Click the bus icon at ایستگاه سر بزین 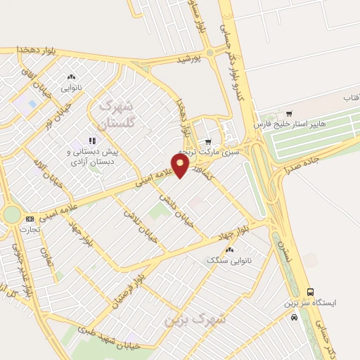coord(310,292)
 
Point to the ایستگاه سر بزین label coord(311,303)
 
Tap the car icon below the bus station coord(294,317)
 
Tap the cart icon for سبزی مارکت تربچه coord(207,142)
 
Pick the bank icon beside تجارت coord(29,219)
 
